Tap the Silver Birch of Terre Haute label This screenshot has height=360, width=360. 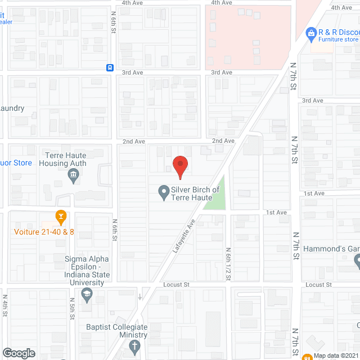coord(196,193)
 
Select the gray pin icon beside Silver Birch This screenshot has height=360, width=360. coord(164,193)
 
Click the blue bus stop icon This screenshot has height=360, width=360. coord(110,68)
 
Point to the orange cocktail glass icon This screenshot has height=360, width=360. coord(61,216)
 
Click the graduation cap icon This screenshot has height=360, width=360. coord(87,295)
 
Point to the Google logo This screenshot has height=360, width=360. coord(19,353)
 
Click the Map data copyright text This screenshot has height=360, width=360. coord(336,355)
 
